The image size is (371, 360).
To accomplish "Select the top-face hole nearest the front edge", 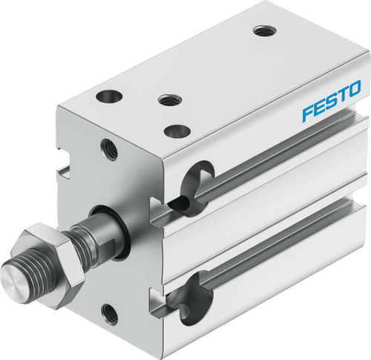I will point(175,131).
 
